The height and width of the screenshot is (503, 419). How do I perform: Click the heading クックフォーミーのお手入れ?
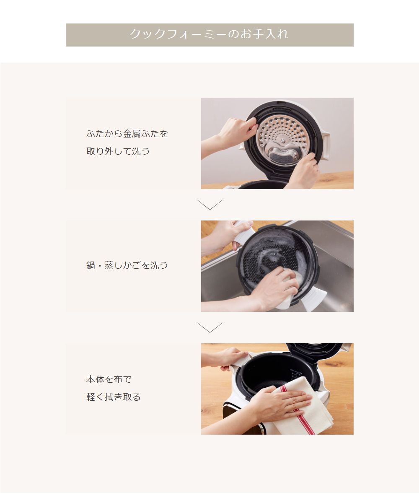[x=209, y=34]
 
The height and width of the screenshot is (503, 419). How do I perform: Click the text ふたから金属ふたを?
[x=127, y=134]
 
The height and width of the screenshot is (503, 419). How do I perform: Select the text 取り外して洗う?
[x=118, y=151]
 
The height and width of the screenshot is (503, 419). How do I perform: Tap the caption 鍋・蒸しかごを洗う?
[x=127, y=265]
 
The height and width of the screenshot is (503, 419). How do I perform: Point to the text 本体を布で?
[x=109, y=379]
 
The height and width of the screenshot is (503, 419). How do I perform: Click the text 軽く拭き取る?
[x=113, y=397]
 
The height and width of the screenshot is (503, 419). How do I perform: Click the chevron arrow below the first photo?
[x=209, y=205]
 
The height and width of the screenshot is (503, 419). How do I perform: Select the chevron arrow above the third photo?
[x=209, y=327]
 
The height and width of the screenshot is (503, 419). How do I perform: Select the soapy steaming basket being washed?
[x=268, y=256]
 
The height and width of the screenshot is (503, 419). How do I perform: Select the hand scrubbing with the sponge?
[x=274, y=289]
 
